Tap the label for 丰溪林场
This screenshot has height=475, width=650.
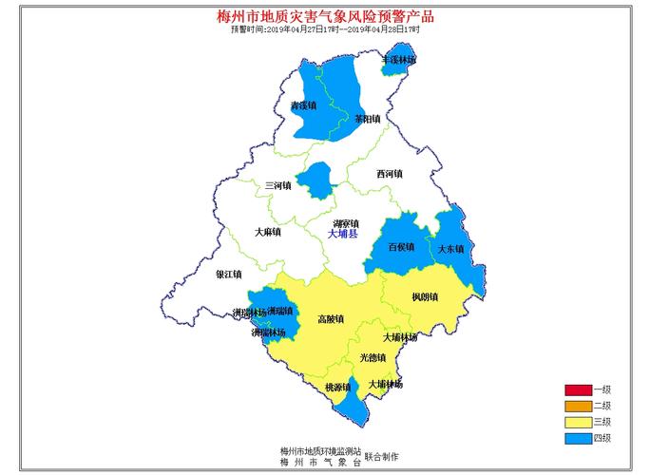398,60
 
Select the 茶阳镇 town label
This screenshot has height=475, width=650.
367,120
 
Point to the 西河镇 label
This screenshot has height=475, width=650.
389,174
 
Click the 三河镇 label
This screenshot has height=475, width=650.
277,185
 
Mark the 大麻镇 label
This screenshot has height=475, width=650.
268,232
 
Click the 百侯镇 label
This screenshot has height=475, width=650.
402,247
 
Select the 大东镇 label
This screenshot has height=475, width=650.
450,249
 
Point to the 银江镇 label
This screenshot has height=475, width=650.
229,274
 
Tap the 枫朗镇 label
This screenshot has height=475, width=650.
425,297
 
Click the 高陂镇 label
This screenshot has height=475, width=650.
331,319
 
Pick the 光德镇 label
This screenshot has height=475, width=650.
373,358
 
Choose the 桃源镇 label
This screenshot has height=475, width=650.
337,388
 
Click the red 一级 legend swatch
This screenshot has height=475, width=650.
577,389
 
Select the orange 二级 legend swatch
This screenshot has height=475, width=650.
577,406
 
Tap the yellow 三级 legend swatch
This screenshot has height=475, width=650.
577,422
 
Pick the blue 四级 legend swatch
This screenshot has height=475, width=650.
577,438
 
